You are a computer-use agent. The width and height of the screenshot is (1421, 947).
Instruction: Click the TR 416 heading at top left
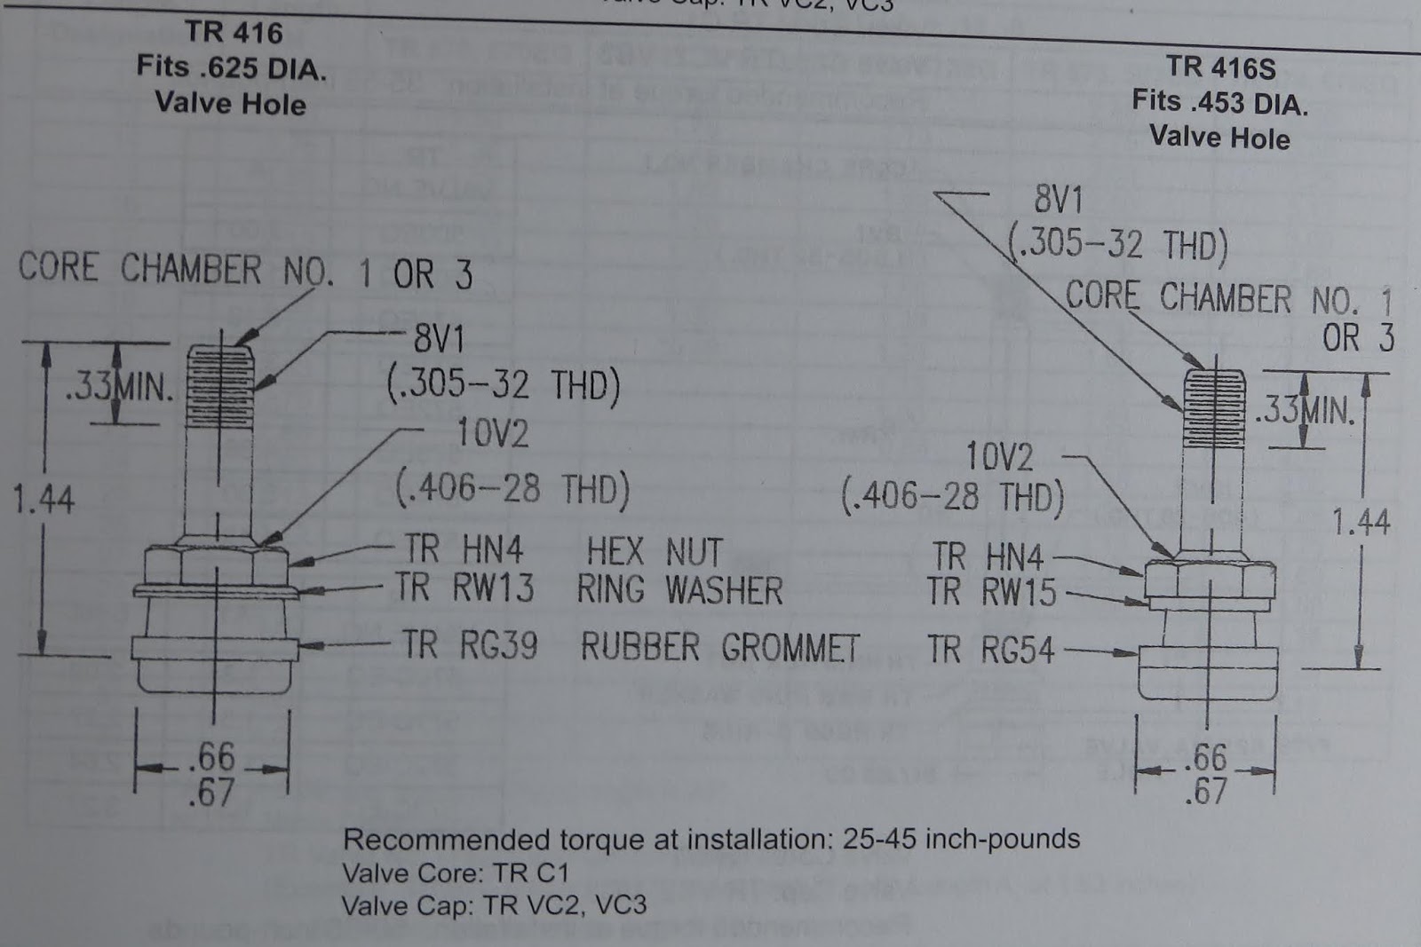[234, 33]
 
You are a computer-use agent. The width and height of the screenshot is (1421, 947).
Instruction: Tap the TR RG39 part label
[469, 645]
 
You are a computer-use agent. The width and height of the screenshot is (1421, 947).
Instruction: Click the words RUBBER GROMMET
[719, 647]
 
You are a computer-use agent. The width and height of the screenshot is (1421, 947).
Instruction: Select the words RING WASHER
[679, 590]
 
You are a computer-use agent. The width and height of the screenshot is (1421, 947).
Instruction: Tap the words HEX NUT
[654, 551]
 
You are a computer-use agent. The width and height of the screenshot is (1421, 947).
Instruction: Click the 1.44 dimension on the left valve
[44, 499]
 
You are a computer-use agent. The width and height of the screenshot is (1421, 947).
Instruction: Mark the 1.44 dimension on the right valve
[1360, 522]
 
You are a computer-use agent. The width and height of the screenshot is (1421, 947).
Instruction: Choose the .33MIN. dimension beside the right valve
[1304, 411]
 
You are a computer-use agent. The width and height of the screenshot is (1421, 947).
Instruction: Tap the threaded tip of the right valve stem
[1213, 401]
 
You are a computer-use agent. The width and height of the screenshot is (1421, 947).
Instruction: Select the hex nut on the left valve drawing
[216, 565]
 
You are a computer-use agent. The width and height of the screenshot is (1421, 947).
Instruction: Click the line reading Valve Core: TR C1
[455, 872]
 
